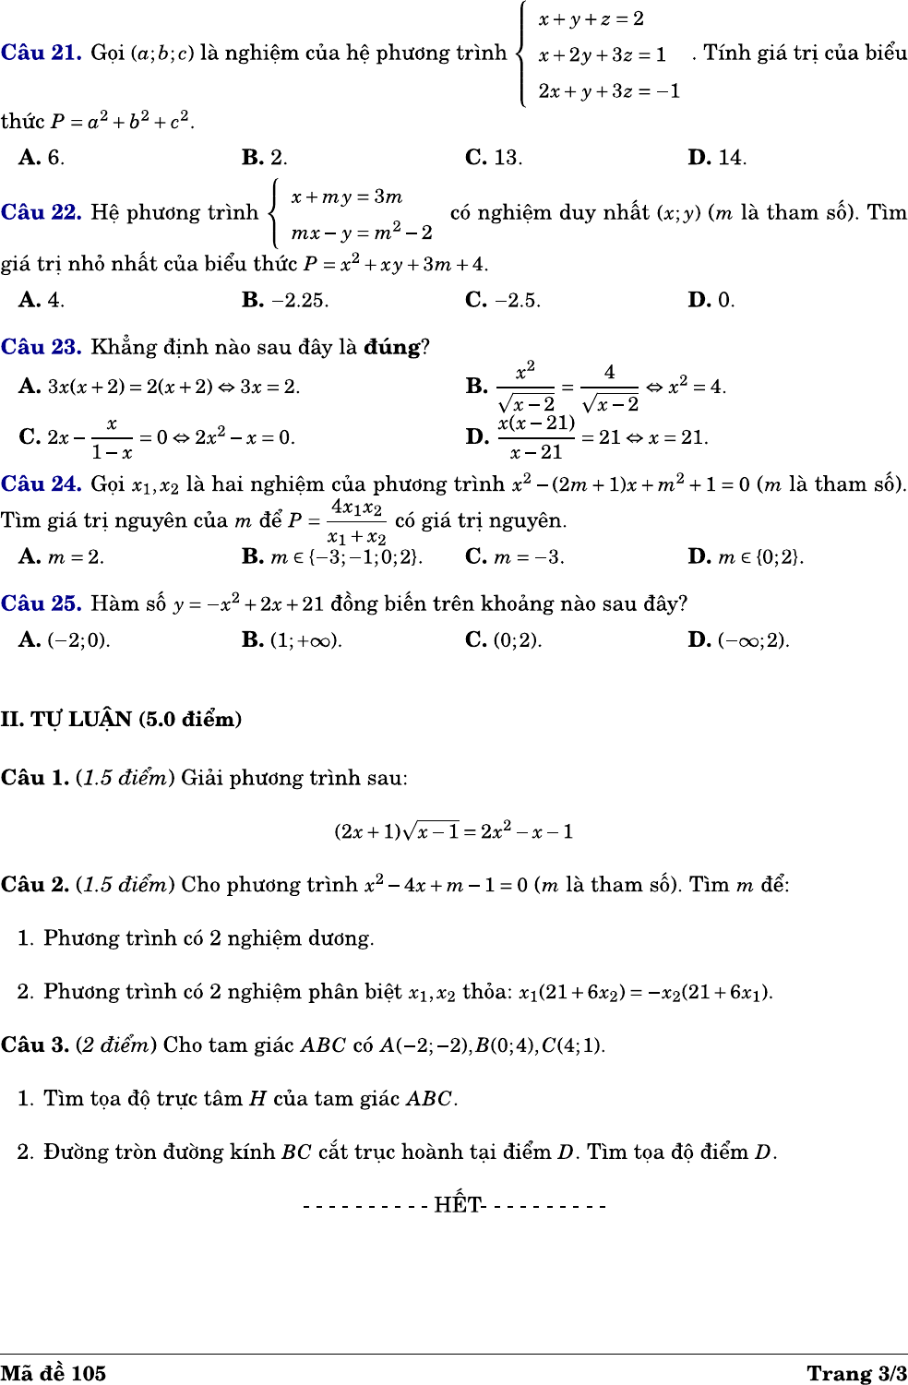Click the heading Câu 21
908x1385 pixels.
pyautogui.click(x=41, y=53)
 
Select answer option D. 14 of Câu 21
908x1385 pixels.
pyautogui.click(x=717, y=158)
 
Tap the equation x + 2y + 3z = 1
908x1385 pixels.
pyautogui.click(x=602, y=54)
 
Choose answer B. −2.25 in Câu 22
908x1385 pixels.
pyautogui.click(x=284, y=300)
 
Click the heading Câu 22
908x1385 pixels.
pyautogui.click(x=41, y=212)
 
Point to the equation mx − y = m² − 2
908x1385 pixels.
pyautogui.click(x=362, y=232)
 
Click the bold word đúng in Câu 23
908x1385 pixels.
pyautogui.click(x=392, y=348)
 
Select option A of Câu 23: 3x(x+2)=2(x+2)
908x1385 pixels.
pyautogui.click(x=159, y=387)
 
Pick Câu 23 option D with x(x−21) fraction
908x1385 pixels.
pyautogui.click(x=587, y=436)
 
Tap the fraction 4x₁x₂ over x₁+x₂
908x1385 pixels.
pyautogui.click(x=356, y=521)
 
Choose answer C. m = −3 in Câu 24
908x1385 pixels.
pyautogui.click(x=515, y=556)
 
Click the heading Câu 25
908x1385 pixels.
pyautogui.click(x=41, y=603)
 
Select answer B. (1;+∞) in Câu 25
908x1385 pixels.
pyautogui.click(x=292, y=639)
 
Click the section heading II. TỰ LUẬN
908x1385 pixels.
pyautogui.click(x=121, y=719)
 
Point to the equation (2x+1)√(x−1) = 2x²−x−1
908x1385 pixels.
pyautogui.click(x=453, y=831)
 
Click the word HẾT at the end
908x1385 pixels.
pyautogui.click(x=458, y=1205)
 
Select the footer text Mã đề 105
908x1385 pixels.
pyautogui.click(x=54, y=1373)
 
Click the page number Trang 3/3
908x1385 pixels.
pyautogui.click(x=856, y=1373)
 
